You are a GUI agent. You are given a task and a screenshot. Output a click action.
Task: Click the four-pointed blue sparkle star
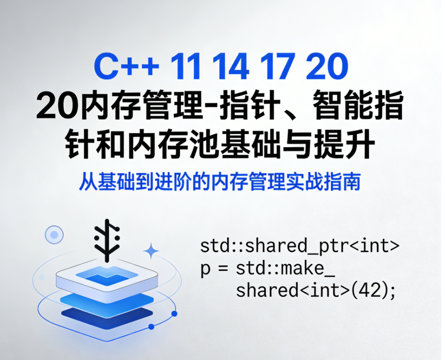pyautogui.click(x=151, y=251)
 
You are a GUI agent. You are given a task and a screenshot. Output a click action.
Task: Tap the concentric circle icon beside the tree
pyautogui.click(x=54, y=235)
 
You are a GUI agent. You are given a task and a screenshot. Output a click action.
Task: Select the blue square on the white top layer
pyautogui.click(x=107, y=277)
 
